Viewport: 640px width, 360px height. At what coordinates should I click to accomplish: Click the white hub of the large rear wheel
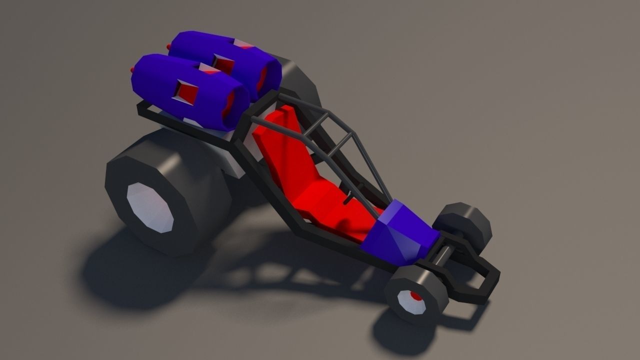pyautogui.click(x=149, y=207)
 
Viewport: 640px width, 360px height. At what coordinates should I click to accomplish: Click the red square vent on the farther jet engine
pyautogui.click(x=222, y=62)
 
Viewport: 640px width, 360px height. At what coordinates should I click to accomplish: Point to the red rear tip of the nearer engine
pyautogui.click(x=132, y=68)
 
